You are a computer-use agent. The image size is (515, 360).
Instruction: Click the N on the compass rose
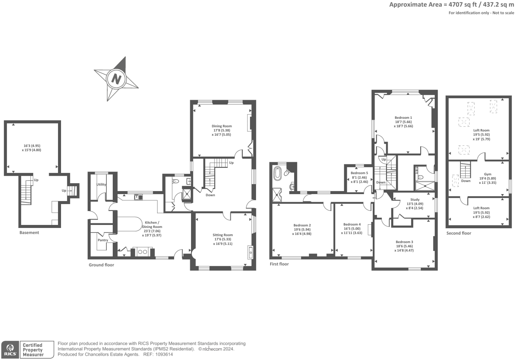pos(116,79)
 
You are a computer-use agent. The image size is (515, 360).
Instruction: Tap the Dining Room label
pos(222,126)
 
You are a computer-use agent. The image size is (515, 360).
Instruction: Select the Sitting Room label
pos(223,235)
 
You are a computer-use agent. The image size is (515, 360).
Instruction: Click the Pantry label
pos(103,240)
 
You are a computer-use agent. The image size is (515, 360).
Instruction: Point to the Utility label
pos(101,184)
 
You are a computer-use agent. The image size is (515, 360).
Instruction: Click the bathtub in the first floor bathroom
pos(278,173)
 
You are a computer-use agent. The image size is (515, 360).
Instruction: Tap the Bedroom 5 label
pos(359,173)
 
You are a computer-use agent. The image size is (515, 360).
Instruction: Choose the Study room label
pos(415,199)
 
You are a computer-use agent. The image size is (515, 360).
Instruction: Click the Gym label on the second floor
pos(487,174)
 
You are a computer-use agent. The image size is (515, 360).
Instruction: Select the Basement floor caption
pos(29,233)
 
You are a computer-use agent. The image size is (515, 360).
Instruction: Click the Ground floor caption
pos(101,265)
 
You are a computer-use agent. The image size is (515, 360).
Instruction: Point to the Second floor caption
pos(459,233)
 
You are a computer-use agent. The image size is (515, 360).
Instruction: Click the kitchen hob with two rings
pos(142,252)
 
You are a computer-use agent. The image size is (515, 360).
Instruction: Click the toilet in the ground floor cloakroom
pos(175,181)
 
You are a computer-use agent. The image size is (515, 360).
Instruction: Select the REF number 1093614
pos(164,354)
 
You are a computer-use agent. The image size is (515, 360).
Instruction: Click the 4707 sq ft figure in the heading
pos(463,5)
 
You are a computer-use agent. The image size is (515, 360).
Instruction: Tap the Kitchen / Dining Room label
pos(152,225)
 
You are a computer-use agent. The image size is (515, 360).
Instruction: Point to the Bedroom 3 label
pos(405,242)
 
